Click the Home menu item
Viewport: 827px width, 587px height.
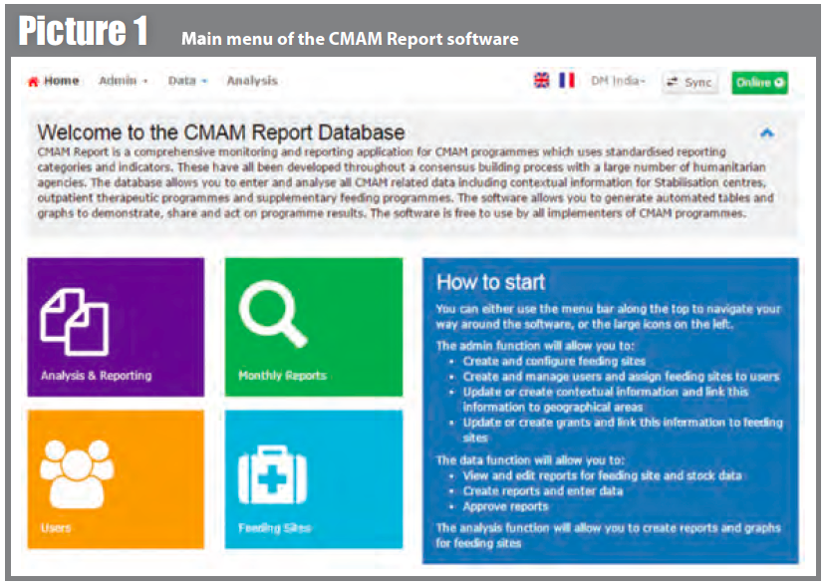[53, 81]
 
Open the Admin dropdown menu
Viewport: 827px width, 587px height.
[123, 81]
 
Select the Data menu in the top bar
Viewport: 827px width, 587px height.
[187, 81]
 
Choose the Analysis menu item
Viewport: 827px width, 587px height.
[252, 81]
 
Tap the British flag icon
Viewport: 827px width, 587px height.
[541, 80]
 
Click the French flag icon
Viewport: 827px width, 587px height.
[567, 80]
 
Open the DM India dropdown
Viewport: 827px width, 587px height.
[618, 81]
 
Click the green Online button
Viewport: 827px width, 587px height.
[759, 83]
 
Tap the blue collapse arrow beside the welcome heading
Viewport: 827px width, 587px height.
[767, 133]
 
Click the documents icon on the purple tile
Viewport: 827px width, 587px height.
[75, 322]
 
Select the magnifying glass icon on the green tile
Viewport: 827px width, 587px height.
[273, 314]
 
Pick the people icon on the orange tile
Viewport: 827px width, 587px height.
[77, 473]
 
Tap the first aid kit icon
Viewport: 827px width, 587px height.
[272, 474]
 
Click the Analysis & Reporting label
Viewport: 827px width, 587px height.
[96, 376]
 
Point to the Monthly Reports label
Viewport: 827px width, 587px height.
[282, 376]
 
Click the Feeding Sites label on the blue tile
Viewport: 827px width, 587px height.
[274, 528]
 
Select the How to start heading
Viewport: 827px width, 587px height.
[490, 282]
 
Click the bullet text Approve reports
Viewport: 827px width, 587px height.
[505, 506]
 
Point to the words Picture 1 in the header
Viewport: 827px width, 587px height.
[83, 31]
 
